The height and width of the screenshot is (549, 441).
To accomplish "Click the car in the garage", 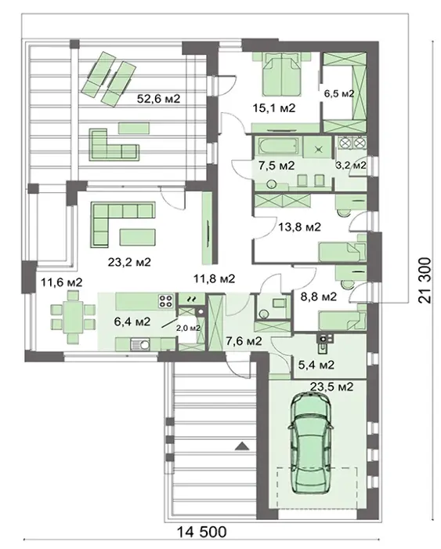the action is click(310, 443).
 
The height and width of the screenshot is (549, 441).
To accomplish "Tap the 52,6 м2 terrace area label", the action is click(158, 99).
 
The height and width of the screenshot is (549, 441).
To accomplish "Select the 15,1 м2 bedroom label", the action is click(274, 108).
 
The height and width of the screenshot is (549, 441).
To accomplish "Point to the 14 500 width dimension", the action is click(202, 533).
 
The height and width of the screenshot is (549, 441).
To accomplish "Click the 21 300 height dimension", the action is click(425, 280).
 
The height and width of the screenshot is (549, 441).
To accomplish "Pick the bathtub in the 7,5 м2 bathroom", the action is click(278, 146).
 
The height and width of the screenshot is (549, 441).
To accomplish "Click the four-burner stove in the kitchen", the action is click(167, 300).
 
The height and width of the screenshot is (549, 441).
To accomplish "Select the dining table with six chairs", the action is click(73, 317).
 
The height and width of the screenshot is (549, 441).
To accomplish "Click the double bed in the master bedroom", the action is click(281, 74).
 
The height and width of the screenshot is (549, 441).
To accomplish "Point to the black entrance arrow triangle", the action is click(242, 446).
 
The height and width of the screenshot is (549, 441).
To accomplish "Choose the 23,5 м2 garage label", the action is click(331, 387).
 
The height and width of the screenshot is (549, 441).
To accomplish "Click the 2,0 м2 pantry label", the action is click(188, 328).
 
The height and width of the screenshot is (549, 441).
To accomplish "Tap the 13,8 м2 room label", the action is click(299, 227).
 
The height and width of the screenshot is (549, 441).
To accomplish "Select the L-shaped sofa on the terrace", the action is click(114, 144).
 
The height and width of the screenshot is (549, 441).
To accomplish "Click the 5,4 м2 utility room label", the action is click(316, 365).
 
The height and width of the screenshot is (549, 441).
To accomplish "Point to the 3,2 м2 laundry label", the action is click(351, 165).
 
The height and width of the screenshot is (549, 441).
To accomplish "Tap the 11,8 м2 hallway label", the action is click(214, 279).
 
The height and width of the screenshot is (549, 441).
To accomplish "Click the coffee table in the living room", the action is click(137, 237).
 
